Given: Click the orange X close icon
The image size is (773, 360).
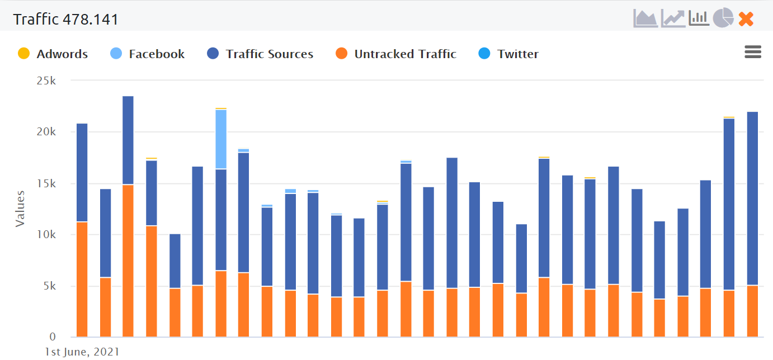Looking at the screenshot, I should [x=746, y=19].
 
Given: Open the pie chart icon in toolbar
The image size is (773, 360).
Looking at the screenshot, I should [x=723, y=18].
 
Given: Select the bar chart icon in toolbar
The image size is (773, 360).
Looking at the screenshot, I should [x=699, y=18].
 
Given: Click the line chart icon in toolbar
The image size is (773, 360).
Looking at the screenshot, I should [x=673, y=18].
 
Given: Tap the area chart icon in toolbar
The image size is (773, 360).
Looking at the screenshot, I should [x=645, y=18].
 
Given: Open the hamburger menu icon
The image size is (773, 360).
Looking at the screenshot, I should [x=753, y=53].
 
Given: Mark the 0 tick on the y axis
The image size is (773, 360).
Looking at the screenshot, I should [x=53, y=337].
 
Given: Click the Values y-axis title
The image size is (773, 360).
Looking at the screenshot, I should [x=20, y=209].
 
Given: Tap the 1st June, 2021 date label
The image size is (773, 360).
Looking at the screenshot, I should [x=82, y=352].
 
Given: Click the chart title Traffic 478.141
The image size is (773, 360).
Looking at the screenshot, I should [x=66, y=19].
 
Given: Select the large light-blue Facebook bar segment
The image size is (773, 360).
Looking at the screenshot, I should [x=221, y=139].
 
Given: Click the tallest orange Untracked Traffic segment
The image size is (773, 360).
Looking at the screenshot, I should [x=128, y=260].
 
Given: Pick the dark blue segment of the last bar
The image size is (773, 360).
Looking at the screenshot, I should [x=752, y=198].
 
